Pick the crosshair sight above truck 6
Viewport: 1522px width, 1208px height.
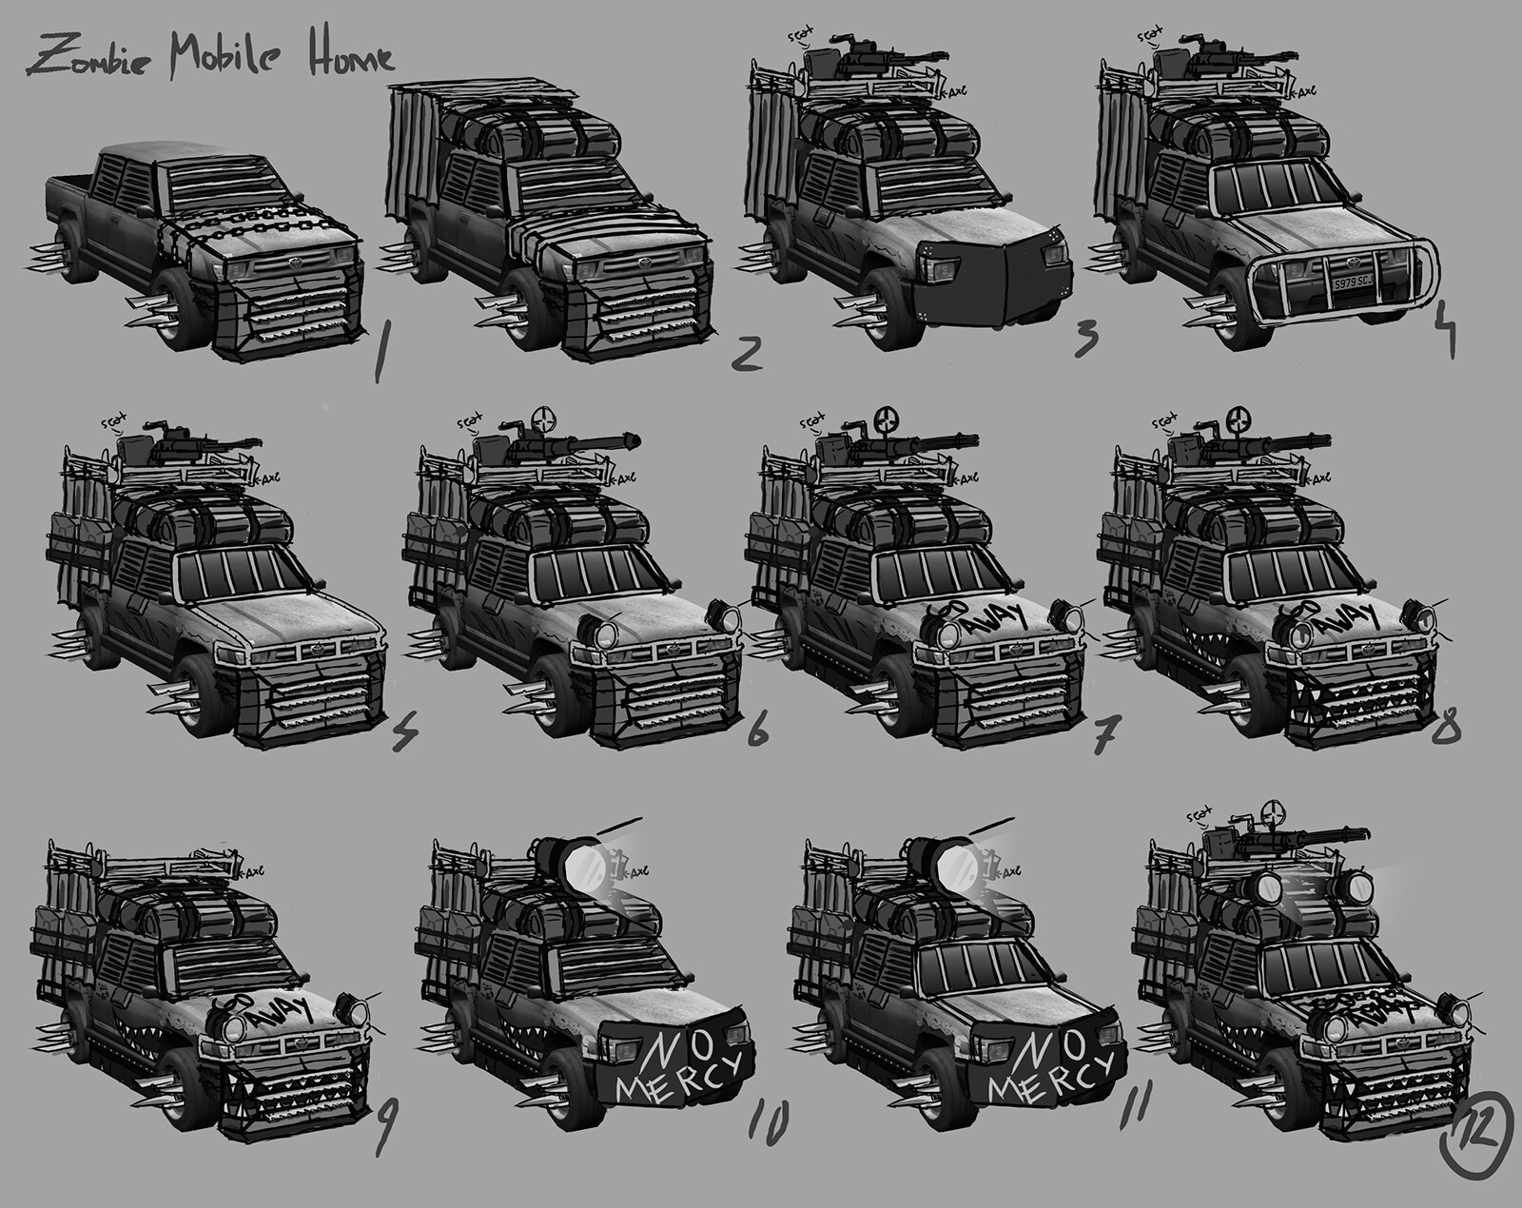[543, 419]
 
